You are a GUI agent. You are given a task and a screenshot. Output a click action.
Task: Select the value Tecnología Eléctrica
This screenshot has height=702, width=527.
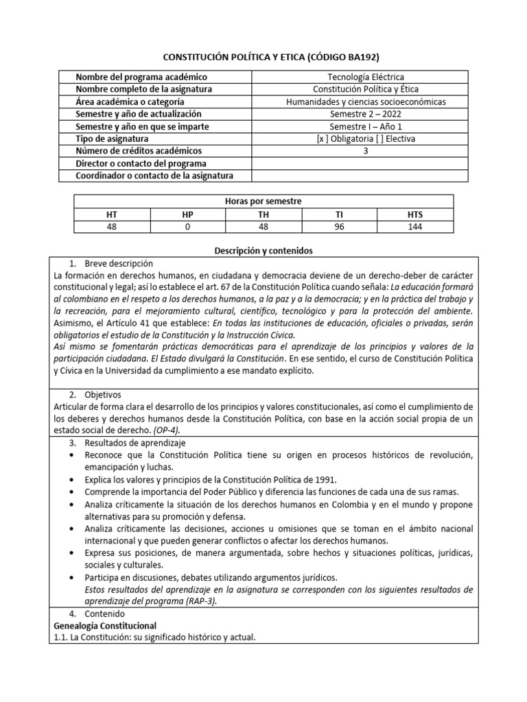(x=361, y=77)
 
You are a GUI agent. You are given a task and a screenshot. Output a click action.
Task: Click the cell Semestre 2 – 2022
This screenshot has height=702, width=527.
(x=361, y=114)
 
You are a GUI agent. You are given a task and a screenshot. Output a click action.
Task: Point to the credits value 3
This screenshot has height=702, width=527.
(x=361, y=152)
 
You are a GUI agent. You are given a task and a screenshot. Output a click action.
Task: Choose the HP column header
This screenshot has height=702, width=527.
(x=188, y=215)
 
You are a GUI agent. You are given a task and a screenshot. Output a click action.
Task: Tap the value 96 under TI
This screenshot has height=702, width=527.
(x=339, y=227)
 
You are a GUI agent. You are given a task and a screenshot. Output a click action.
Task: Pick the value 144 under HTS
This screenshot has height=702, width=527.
(x=415, y=227)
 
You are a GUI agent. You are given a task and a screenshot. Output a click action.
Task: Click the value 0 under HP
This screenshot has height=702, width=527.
(x=188, y=227)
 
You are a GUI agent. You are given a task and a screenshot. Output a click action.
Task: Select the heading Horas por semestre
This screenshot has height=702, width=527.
(x=263, y=202)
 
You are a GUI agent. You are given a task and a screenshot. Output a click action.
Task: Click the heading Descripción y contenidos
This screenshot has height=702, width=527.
(x=263, y=252)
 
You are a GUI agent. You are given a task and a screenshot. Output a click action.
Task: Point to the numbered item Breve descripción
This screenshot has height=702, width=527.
(x=119, y=264)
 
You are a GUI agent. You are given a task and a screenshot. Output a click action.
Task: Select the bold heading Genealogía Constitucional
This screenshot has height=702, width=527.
(x=105, y=625)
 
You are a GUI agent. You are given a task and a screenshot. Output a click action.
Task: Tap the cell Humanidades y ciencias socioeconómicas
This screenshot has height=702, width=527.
(x=361, y=102)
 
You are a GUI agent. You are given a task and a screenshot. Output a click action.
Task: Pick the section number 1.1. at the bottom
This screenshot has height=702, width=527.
(x=60, y=638)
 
